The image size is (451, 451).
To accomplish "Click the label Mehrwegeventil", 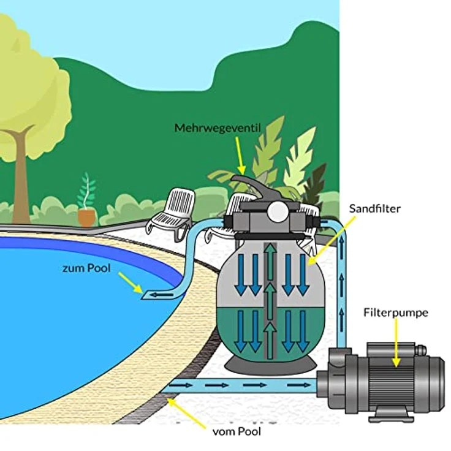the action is [x=218, y=128].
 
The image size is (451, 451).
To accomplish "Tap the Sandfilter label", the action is [x=375, y=208].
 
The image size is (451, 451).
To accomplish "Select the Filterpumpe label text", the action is [x=396, y=313].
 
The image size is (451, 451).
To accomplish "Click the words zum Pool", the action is [x=86, y=268].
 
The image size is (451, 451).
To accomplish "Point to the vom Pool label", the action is [x=237, y=431].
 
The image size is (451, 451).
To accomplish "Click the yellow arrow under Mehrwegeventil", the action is [x=240, y=156].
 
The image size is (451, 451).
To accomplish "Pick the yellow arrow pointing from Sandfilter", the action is [x=332, y=240].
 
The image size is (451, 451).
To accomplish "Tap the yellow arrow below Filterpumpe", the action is [x=396, y=343].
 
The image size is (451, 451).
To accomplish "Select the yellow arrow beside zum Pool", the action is [x=131, y=282].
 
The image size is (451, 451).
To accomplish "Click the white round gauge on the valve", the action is [x=277, y=211].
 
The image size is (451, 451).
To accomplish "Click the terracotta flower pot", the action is [x=86, y=218].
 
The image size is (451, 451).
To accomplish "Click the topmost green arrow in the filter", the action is [x=270, y=261].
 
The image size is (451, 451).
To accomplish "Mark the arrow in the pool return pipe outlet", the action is [x=162, y=295].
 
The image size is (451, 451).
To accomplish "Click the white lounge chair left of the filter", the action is [x=170, y=213].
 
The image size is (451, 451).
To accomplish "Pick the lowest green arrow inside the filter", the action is [x=270, y=341].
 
